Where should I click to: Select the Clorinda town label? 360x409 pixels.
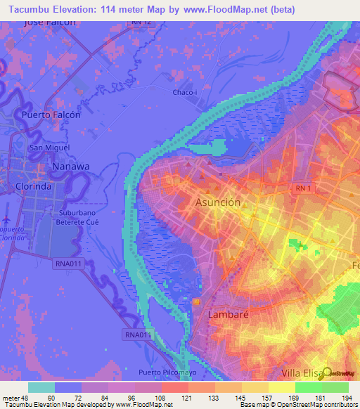pos(34,187)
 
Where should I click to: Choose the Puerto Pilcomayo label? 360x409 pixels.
pos(166,372)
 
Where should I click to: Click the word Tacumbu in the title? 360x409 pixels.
pos(29,9)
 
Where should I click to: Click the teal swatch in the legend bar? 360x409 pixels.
pos(41,387)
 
